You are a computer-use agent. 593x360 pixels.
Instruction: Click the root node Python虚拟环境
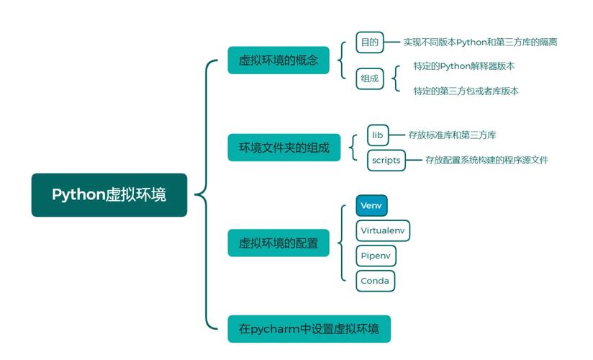tap(109, 194)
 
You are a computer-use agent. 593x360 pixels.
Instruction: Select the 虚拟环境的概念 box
tap(279, 60)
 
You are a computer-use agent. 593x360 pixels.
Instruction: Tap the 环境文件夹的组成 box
tap(284, 148)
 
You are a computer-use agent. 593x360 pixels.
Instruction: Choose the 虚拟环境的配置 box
tap(279, 243)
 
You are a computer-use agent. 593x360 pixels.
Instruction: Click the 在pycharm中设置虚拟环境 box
tap(309, 329)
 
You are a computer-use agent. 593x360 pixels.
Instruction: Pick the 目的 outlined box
tap(369, 42)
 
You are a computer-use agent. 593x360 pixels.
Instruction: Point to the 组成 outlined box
tap(369, 78)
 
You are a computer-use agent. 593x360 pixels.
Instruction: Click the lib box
tap(378, 135)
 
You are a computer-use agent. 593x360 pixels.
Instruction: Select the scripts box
tap(385, 160)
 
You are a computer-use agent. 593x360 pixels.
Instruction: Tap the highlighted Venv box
tap(371, 206)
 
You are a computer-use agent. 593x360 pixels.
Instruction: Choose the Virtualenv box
tap(384, 230)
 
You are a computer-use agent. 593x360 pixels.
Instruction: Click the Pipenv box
tap(376, 256)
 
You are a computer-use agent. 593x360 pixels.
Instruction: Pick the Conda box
tap(376, 281)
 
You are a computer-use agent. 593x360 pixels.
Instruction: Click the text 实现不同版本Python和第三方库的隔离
tap(480, 42)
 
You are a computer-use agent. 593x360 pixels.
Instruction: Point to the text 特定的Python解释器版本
tap(464, 66)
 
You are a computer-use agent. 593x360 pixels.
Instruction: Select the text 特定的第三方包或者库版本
tap(466, 91)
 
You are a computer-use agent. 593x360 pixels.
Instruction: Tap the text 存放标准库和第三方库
tap(452, 135)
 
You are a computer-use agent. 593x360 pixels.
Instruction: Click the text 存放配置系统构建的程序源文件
tap(486, 160)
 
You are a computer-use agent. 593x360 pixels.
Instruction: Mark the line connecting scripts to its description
tap(413, 160)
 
